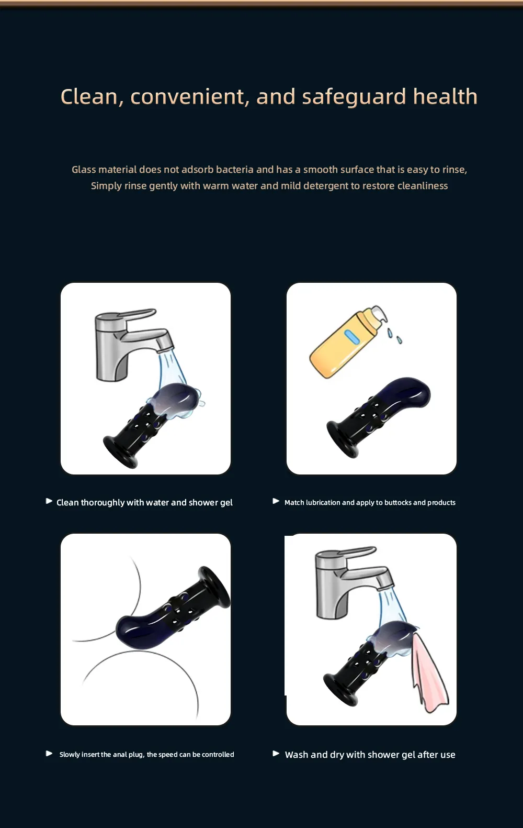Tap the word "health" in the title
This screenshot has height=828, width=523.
point(445,96)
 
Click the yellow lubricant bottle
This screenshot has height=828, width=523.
point(347,342)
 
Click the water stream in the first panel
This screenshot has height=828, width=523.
point(172,370)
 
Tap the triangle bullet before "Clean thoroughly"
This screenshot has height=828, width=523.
point(49,501)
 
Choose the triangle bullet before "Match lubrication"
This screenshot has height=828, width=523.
point(276,501)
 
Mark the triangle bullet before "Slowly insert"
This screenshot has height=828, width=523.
point(49,753)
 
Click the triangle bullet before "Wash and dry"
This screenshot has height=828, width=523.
point(276,753)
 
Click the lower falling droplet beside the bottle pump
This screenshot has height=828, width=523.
point(399,340)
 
